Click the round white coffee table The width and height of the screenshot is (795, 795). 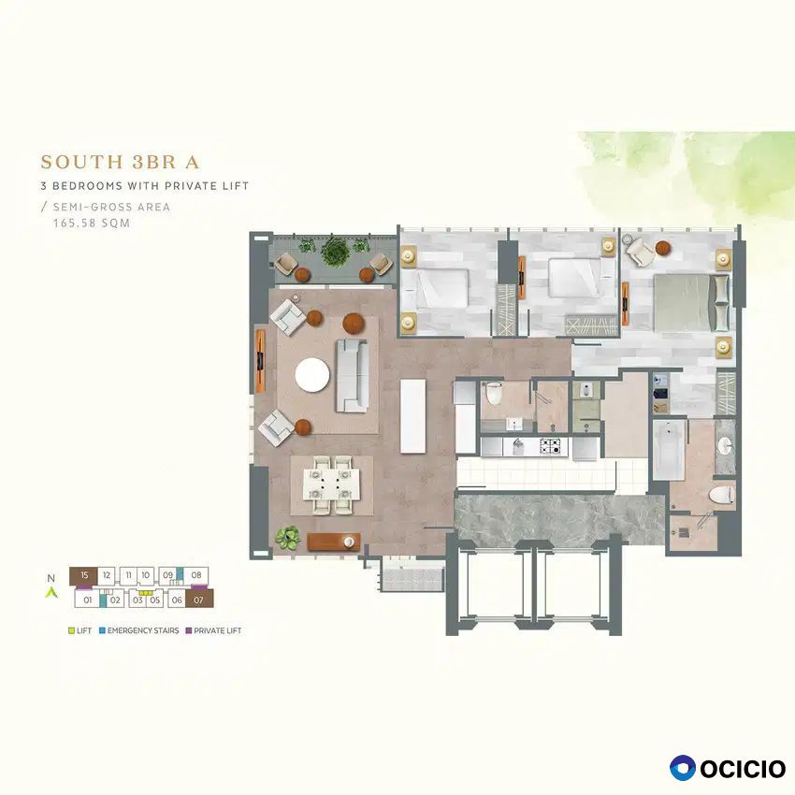click(312, 375)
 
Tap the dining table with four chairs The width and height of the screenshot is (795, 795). click(332, 485)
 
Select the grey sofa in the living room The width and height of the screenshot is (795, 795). click(352, 376)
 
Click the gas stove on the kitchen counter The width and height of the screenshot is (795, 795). click(550, 446)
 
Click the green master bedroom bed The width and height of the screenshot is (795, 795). click(691, 303)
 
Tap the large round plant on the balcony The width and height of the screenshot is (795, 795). click(335, 251)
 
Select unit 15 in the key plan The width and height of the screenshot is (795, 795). click(83, 575)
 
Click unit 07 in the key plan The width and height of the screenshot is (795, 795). click(198, 600)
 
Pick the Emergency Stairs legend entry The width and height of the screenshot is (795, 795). click(139, 630)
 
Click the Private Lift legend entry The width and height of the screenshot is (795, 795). click(213, 630)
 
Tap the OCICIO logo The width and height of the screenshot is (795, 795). click(728, 768)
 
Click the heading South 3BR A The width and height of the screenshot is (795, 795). click(120, 162)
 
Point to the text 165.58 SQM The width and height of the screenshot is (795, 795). click(92, 224)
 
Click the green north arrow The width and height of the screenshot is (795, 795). click(51, 592)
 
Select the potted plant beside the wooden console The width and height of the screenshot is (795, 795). click(288, 538)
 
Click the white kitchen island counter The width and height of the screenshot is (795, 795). click(412, 416)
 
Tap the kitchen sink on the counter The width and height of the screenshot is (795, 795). click(516, 446)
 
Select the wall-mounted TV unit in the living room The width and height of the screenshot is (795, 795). click(260, 360)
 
